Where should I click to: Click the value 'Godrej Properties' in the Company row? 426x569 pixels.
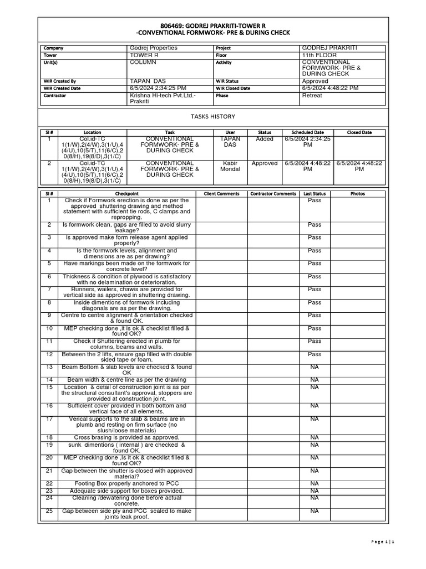(x=153, y=48)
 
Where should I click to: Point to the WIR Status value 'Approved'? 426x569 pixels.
(x=315, y=81)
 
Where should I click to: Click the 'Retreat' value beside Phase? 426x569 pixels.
(x=312, y=96)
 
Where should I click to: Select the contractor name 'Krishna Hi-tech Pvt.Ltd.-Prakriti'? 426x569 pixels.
(x=161, y=98)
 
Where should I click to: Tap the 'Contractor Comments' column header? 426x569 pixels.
(x=273, y=193)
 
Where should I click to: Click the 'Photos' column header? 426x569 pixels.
(x=358, y=193)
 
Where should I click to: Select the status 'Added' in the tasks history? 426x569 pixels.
(x=265, y=139)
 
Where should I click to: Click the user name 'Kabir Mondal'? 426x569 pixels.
(x=230, y=166)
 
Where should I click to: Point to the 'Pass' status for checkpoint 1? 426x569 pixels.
(x=315, y=201)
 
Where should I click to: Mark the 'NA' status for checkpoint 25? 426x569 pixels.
(x=315, y=511)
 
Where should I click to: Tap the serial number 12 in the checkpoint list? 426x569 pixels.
(x=49, y=354)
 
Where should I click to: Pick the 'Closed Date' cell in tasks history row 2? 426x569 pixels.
(x=359, y=166)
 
